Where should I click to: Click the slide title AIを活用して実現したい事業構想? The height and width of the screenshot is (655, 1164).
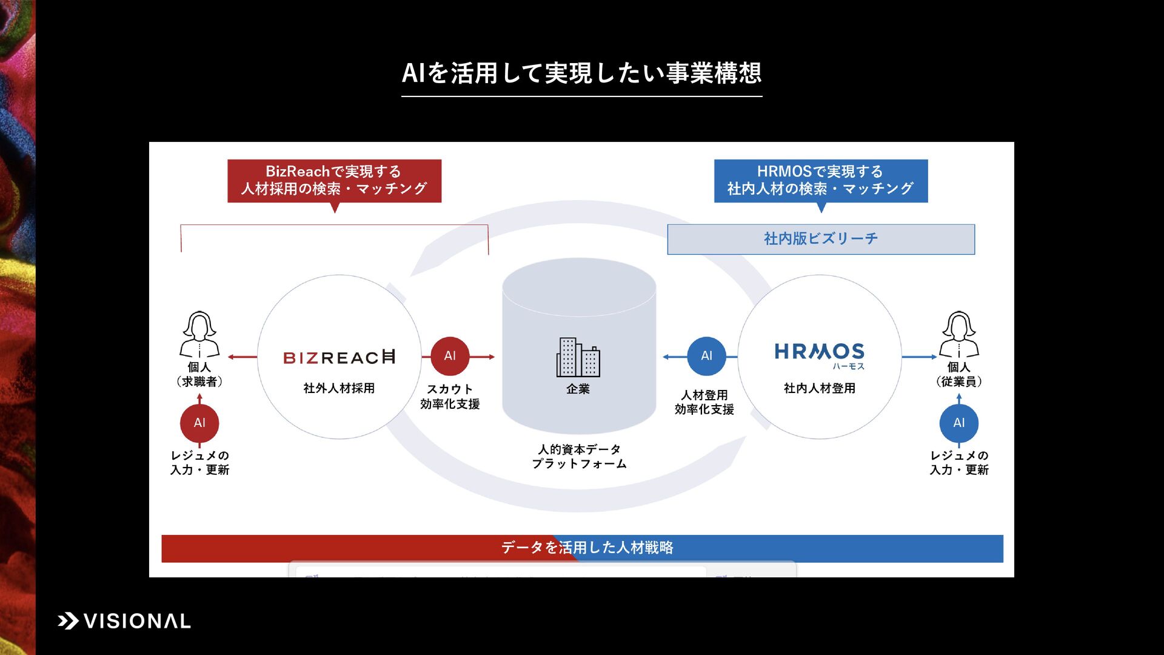pyautogui.click(x=581, y=73)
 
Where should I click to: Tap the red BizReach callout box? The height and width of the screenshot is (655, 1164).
pyautogui.click(x=334, y=181)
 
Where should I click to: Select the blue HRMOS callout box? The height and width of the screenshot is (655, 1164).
pyautogui.click(x=820, y=181)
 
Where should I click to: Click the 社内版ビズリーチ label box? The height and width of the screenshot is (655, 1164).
pyautogui.click(x=821, y=239)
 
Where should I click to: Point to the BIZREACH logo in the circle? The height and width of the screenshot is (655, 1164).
pyautogui.click(x=339, y=357)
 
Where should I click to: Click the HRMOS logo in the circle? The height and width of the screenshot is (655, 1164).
pyautogui.click(x=820, y=354)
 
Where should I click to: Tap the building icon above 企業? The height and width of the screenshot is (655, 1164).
pyautogui.click(x=578, y=357)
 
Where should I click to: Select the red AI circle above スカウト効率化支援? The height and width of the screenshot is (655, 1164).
pyautogui.click(x=450, y=356)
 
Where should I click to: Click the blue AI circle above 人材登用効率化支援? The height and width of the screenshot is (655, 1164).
pyautogui.click(x=706, y=356)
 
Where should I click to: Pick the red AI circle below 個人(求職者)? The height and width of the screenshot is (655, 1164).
pyautogui.click(x=199, y=423)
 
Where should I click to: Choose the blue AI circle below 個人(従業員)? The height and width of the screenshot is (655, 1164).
pyautogui.click(x=958, y=423)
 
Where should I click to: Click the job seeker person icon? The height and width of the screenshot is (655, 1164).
pyautogui.click(x=199, y=335)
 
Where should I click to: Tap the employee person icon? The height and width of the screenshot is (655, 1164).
pyautogui.click(x=958, y=335)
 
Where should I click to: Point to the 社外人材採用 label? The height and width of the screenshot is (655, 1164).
pyautogui.click(x=339, y=388)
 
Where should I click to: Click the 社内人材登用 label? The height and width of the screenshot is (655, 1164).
pyautogui.click(x=820, y=388)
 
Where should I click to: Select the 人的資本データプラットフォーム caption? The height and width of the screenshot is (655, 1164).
pyautogui.click(x=579, y=457)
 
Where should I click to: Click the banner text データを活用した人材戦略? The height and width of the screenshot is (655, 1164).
pyautogui.click(x=587, y=548)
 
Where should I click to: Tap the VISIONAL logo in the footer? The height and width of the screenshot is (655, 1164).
pyautogui.click(x=124, y=621)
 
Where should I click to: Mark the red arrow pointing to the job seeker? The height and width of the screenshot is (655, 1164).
pyautogui.click(x=242, y=357)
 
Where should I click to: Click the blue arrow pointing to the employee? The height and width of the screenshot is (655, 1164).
pyautogui.click(x=919, y=357)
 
